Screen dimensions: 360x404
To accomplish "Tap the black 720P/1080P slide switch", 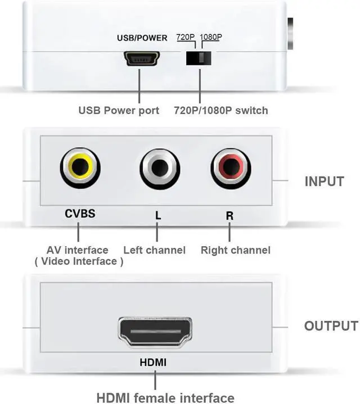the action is (199, 58).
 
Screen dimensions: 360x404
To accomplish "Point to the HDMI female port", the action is (153, 331).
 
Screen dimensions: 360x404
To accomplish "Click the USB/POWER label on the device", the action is (142, 38).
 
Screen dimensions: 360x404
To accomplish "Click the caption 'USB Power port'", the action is (119, 110).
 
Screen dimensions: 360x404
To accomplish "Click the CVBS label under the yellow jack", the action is (80, 214).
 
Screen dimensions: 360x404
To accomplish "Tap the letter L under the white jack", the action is (157, 214).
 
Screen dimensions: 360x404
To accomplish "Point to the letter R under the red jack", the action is (229, 214).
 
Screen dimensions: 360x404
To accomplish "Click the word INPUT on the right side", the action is (324, 181).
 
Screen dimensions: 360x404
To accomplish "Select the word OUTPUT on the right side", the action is (331, 326).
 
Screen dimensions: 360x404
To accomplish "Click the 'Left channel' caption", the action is (154, 250).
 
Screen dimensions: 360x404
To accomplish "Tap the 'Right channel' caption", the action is (236, 250).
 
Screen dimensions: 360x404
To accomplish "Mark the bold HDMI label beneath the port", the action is (153, 363).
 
